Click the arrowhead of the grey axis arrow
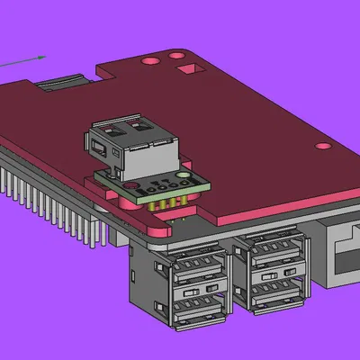click(x=42, y=57)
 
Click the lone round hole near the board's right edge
click(x=317, y=145)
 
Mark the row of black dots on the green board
click(x=159, y=187)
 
